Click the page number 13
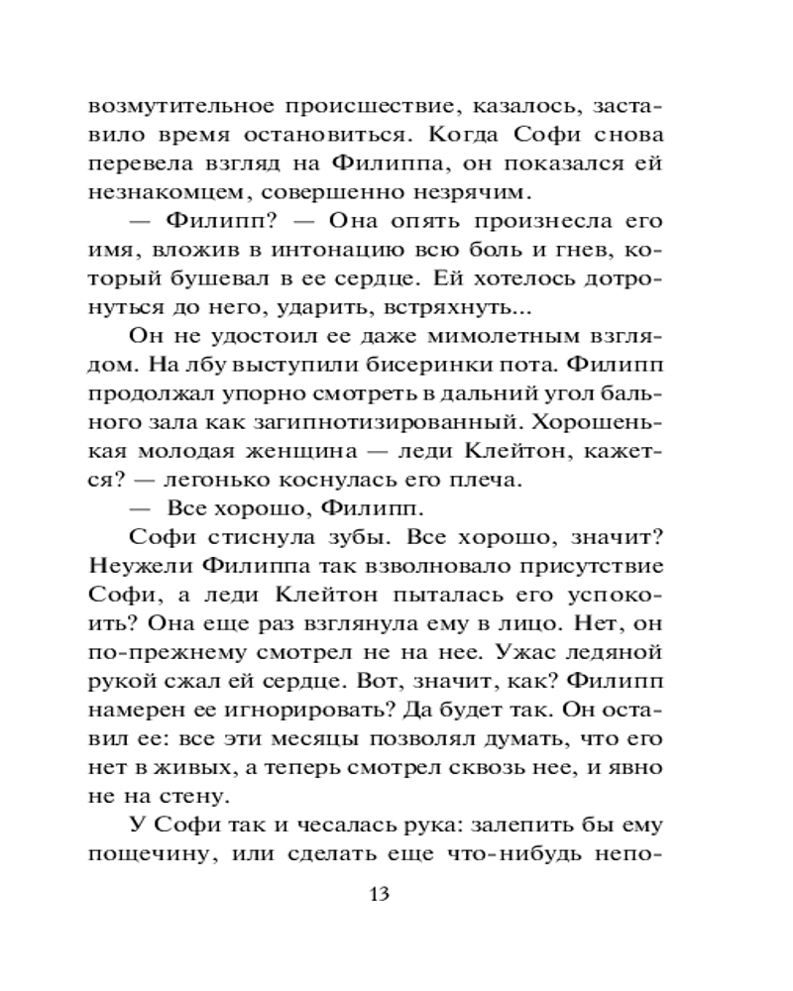point(379,894)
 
